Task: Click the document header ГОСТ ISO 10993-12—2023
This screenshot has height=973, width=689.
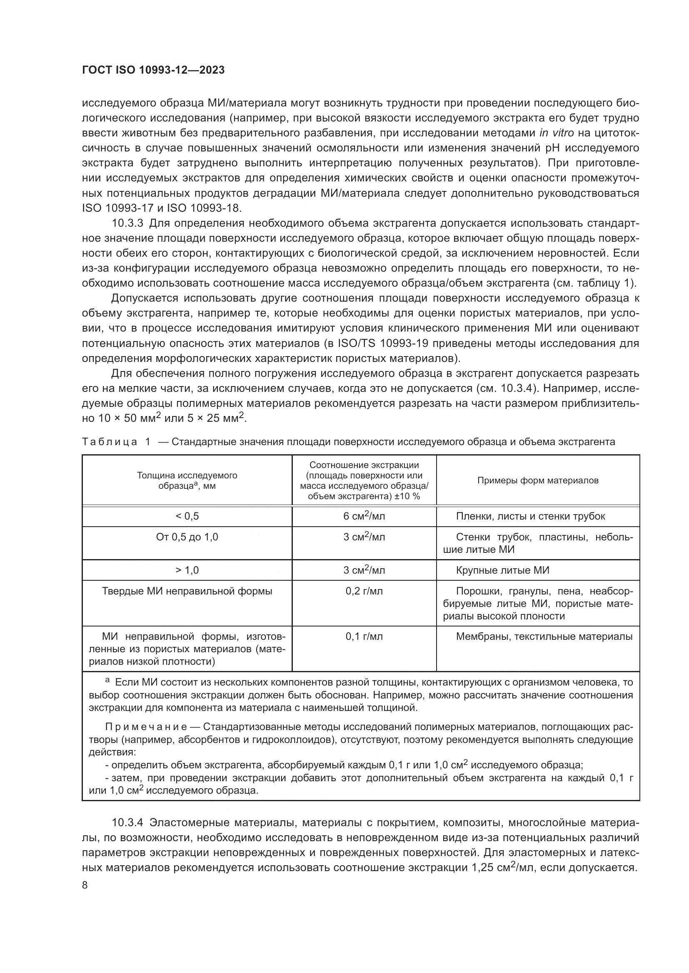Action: [x=153, y=70]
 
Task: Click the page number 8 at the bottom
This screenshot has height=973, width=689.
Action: [x=85, y=885]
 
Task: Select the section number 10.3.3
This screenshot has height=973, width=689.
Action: [x=128, y=223]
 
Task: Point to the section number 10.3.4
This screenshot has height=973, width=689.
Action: [x=128, y=823]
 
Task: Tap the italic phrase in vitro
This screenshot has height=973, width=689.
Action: [x=557, y=133]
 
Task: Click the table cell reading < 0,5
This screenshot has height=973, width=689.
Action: [x=187, y=516]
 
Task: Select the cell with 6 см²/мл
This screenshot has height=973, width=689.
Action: [x=364, y=516]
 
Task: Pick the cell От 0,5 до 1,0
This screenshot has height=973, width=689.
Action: [x=187, y=537]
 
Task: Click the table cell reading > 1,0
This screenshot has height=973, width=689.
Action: [x=187, y=570]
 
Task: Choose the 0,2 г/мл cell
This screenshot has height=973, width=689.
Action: [x=364, y=591]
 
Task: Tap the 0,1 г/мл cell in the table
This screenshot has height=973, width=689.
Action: [x=364, y=636]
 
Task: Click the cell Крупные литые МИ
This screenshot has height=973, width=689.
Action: [x=502, y=570]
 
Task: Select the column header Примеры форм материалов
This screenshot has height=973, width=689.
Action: [x=537, y=480]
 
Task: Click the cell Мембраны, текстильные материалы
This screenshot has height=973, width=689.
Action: [x=544, y=636]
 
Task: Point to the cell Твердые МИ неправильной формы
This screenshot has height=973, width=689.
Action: [x=187, y=591]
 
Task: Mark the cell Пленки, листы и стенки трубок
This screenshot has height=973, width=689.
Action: [x=530, y=516]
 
